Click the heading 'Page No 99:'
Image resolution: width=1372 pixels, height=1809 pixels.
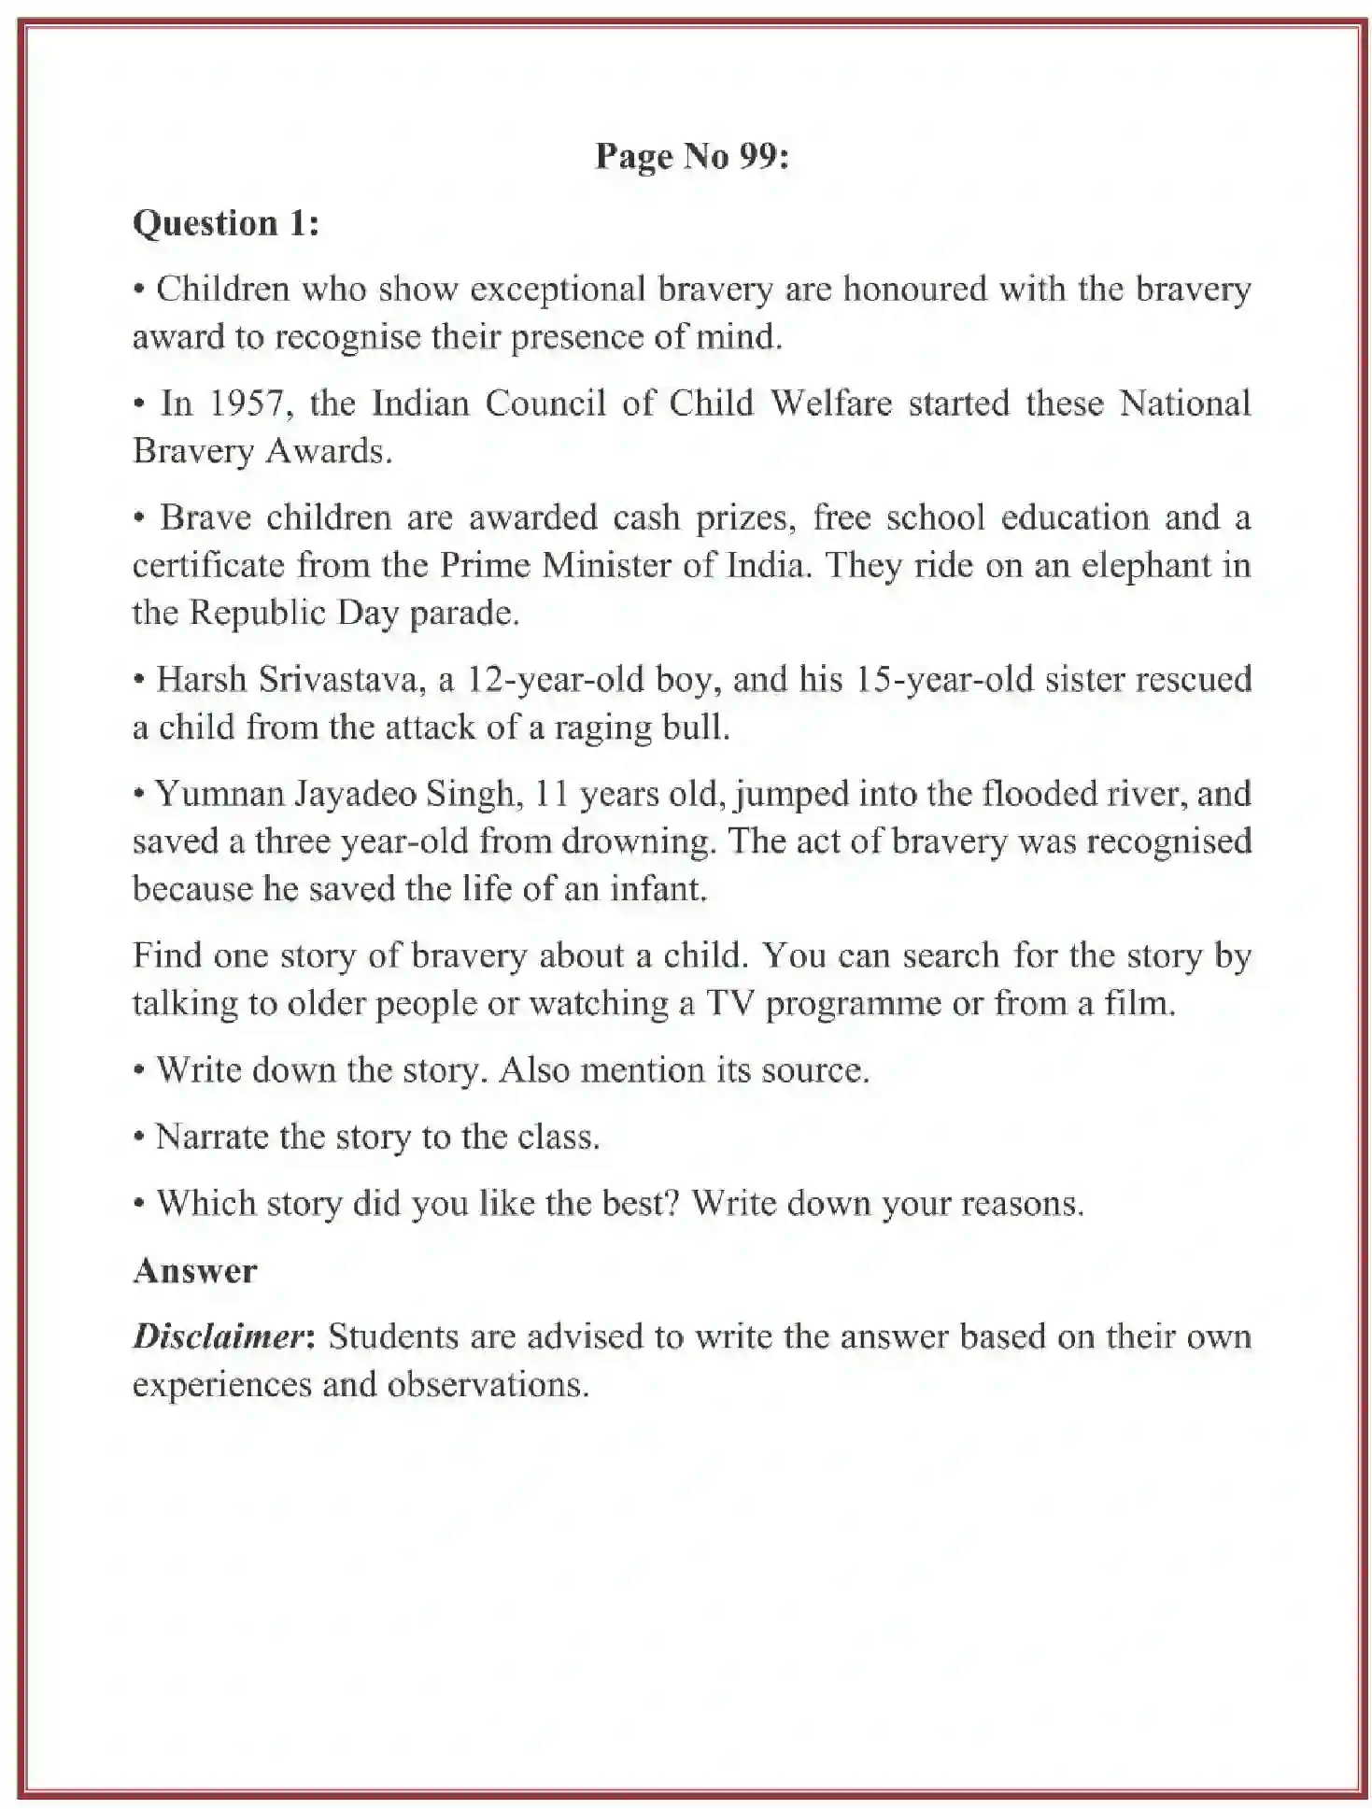coord(691,156)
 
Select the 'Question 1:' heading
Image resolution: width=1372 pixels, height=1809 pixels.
coord(225,223)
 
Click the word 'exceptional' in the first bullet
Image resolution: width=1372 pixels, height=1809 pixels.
coord(558,290)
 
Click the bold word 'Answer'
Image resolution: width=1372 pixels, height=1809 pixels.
coord(194,1271)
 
